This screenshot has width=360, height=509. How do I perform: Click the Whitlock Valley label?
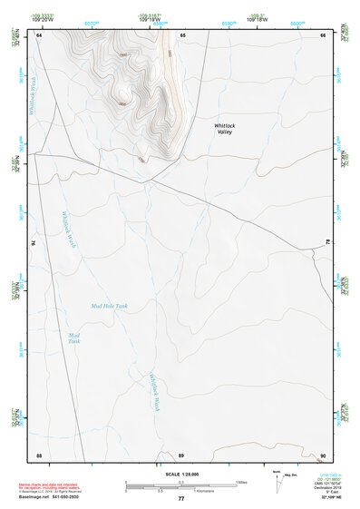point(224,128)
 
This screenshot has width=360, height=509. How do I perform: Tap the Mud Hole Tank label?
point(109,307)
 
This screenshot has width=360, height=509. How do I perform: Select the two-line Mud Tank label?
point(74,338)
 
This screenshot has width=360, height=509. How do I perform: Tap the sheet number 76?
point(34,243)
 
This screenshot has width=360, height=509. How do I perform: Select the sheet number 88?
point(39,454)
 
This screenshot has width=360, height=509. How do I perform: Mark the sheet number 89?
point(181,454)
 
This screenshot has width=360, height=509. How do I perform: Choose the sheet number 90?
point(323,454)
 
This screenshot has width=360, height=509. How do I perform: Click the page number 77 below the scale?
point(181,498)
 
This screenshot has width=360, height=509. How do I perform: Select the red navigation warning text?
point(54,485)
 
